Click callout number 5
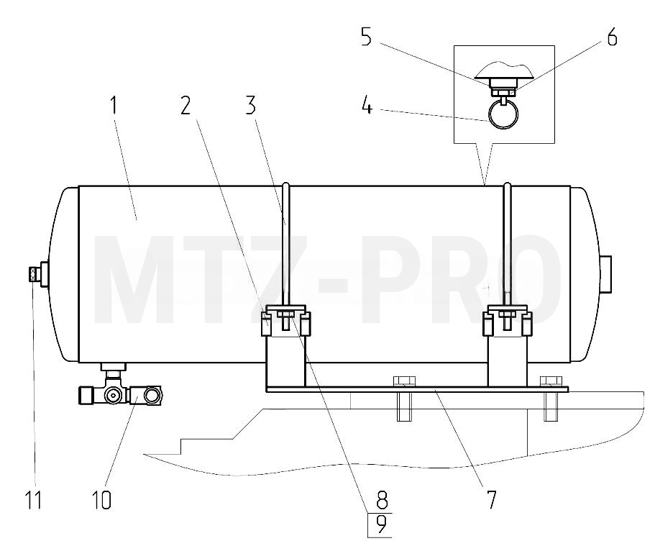tap(367, 37)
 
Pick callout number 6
tap(612, 37)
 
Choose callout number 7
tap(491, 499)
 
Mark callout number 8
tap(382, 499)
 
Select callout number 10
tap(101, 499)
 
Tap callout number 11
tap(33, 499)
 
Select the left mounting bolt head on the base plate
tap(404, 381)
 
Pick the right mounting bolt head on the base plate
tap(551, 381)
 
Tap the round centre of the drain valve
tap(113, 395)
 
